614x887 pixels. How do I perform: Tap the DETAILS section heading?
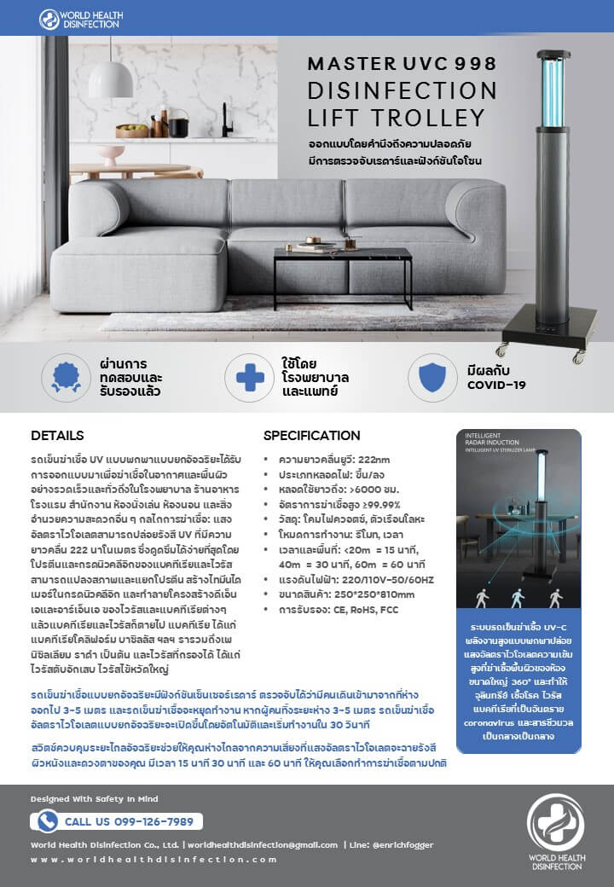coord(57,435)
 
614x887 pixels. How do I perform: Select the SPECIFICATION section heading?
coord(311,435)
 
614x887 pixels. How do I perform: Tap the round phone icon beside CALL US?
coord(48,821)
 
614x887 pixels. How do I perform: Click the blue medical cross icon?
coord(249,375)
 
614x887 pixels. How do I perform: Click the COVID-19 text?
coord(496,385)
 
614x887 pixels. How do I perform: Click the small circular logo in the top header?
coord(49,19)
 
